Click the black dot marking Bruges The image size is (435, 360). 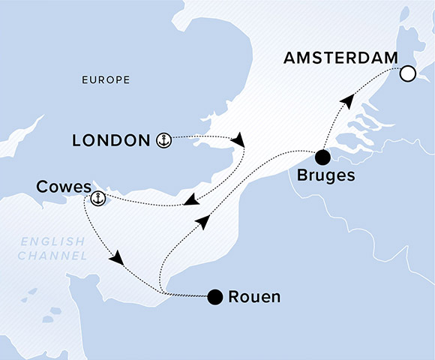322,157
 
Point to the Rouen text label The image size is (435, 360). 256,297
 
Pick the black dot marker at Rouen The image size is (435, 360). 216,297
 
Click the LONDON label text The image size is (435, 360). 111,140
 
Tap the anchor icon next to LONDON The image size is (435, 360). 163,139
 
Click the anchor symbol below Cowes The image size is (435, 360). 97,199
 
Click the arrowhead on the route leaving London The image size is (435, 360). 239,141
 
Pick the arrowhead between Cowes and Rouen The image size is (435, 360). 116,259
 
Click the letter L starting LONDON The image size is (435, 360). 76,140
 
